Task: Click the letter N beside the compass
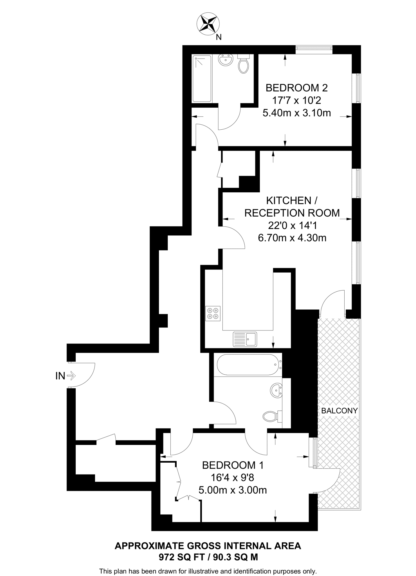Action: [x=219, y=37]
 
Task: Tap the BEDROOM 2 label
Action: [x=296, y=88]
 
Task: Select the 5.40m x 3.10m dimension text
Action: [x=296, y=113]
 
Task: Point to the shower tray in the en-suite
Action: [x=202, y=79]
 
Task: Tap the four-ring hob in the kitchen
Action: [x=213, y=314]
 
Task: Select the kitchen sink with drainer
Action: [x=245, y=339]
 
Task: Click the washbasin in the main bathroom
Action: [x=277, y=391]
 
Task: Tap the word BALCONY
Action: [x=339, y=411]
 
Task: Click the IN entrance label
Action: [x=60, y=376]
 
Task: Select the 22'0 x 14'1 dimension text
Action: [x=292, y=226]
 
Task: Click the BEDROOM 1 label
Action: [x=233, y=465]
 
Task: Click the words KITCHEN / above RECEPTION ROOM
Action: [x=292, y=201]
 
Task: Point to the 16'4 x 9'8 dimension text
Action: [x=233, y=478]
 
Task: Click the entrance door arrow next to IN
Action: [x=71, y=375]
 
